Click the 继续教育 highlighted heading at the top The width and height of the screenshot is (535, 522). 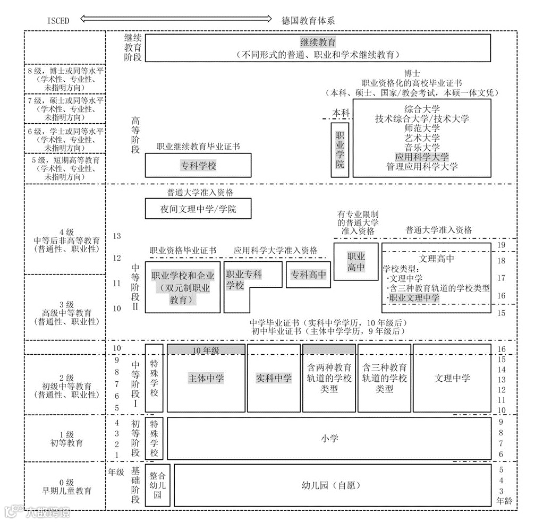pos(318,42)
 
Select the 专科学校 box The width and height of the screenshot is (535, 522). pos(198,166)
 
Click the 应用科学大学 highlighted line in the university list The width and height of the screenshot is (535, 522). pos(422,157)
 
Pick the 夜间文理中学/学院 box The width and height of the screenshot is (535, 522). pos(198,209)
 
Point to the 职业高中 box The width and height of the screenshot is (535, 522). pos(356,261)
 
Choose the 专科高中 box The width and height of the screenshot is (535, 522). pos(308,275)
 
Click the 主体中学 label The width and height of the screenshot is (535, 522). pos(206,378)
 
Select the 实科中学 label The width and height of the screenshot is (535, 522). pos(274,378)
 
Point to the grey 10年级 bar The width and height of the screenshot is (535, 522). pos(206,349)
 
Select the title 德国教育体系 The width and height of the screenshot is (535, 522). pos(308,20)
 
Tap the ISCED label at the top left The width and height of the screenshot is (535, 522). pos(57,20)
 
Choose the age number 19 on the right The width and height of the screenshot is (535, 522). pos(501,245)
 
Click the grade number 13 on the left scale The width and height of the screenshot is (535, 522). pos(117,236)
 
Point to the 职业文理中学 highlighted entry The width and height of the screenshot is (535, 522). pos(414,298)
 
